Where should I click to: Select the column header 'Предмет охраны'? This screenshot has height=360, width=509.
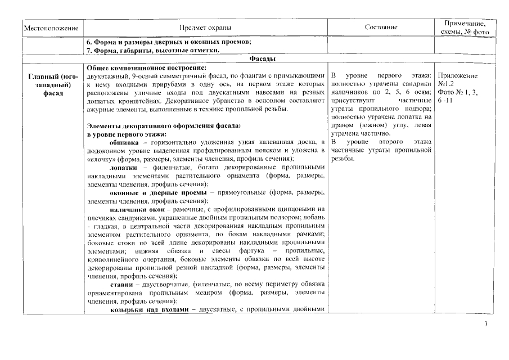[205, 28]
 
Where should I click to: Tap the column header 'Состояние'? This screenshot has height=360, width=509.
[381, 28]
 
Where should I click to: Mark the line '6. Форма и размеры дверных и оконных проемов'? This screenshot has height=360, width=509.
[168, 43]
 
